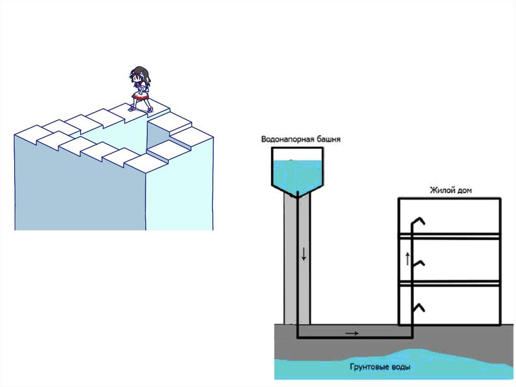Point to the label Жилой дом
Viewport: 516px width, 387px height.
(450, 190)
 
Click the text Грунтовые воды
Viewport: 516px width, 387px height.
(379, 367)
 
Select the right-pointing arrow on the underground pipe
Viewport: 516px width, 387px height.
(352, 333)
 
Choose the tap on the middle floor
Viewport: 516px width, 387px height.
(418, 263)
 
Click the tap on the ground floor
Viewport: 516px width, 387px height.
(418, 307)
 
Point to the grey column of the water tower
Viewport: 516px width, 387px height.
(290, 262)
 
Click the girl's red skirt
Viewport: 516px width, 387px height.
(140, 96)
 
